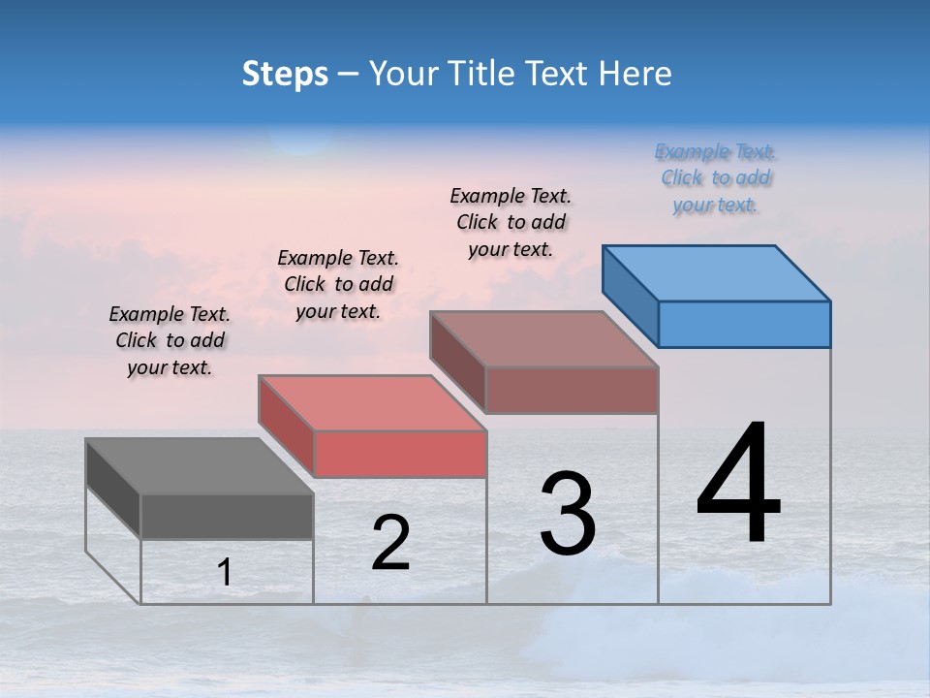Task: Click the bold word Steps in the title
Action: point(285,74)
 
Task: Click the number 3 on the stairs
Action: point(568,514)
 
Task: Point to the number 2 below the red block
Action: point(390,543)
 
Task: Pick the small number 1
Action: point(225,573)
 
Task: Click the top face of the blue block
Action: point(717,272)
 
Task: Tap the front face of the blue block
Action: point(744,324)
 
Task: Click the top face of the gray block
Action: point(200,466)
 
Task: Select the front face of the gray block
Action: point(227,517)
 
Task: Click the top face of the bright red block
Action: point(372,403)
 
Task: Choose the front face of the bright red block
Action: point(400,455)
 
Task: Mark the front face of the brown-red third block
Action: point(572,390)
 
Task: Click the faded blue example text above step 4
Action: point(715,178)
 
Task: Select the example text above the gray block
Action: point(170,340)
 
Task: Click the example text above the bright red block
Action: point(338,284)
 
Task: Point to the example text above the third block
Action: point(511,222)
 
